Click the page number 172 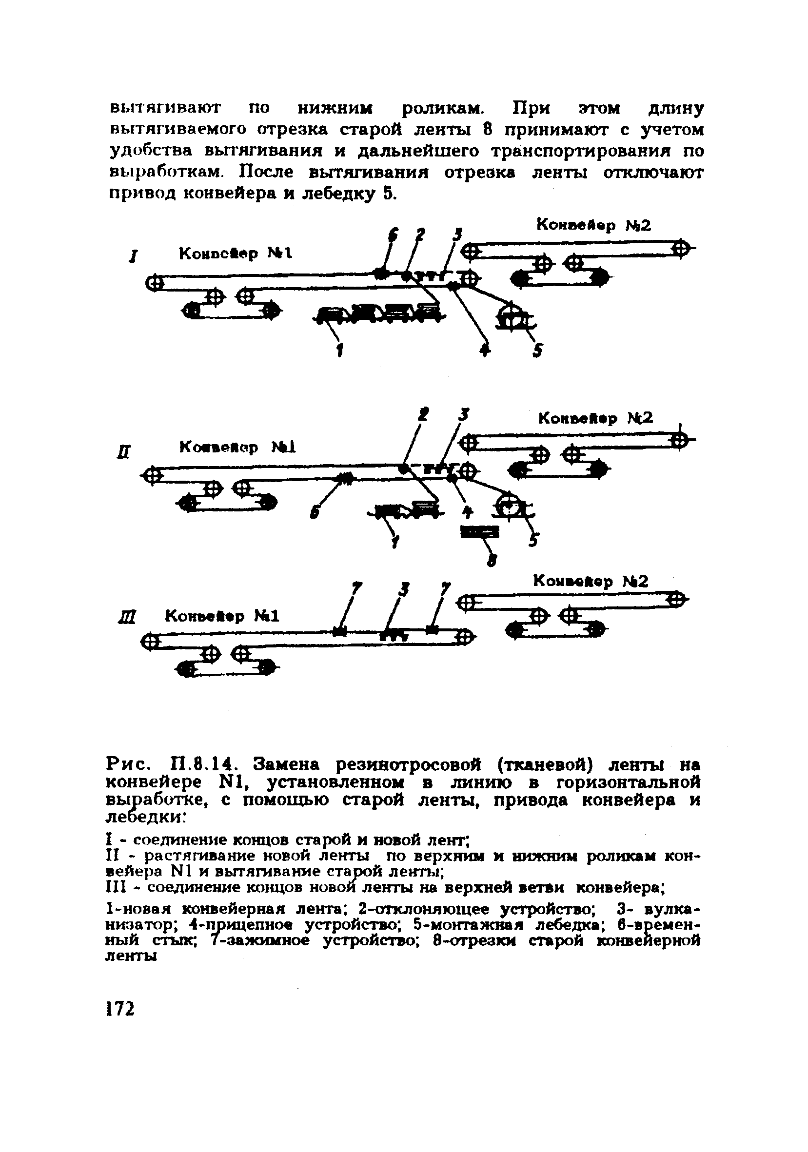[x=121, y=1008]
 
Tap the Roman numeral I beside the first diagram [x=132, y=258]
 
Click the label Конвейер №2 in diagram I [x=593, y=225]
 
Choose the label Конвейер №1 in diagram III [x=221, y=616]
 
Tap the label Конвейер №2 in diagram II [x=595, y=418]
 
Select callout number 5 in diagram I [x=538, y=351]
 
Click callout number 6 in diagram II [x=314, y=513]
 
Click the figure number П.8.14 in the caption [x=206, y=764]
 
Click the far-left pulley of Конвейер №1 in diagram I [x=154, y=283]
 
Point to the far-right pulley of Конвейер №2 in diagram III [x=676, y=600]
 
